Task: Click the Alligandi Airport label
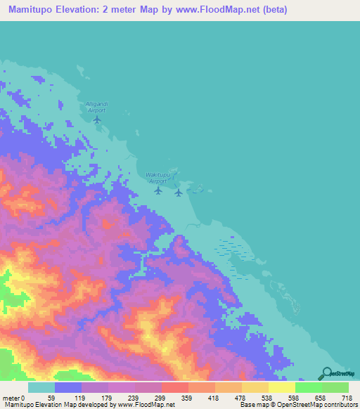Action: click(x=96, y=107)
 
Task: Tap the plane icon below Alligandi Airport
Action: click(x=97, y=118)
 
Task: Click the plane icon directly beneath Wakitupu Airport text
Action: click(x=158, y=190)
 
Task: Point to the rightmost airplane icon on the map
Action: click(x=179, y=192)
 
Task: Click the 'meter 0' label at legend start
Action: click(x=13, y=398)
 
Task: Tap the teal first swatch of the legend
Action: click(x=41, y=387)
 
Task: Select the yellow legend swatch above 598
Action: click(x=282, y=387)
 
